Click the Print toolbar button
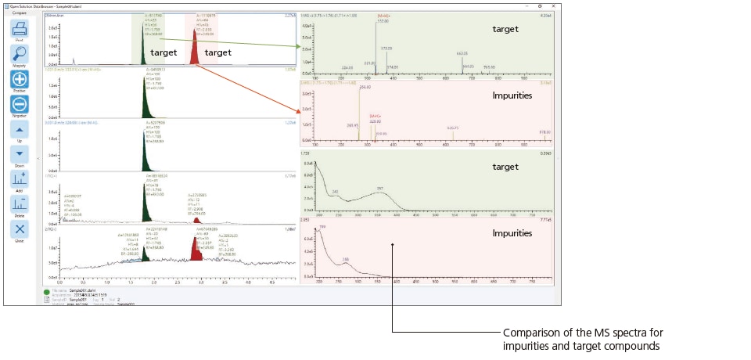pos(20,29)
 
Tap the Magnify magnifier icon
pos(20,54)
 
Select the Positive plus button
pos(20,80)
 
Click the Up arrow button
pos(20,129)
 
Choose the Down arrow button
pos(20,154)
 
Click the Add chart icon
pos(20,179)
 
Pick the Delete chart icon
pos(20,204)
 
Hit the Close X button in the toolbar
pos(20,229)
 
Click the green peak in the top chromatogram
pos(142,53)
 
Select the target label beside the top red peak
pos(217,52)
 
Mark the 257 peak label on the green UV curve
pos(379,189)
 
